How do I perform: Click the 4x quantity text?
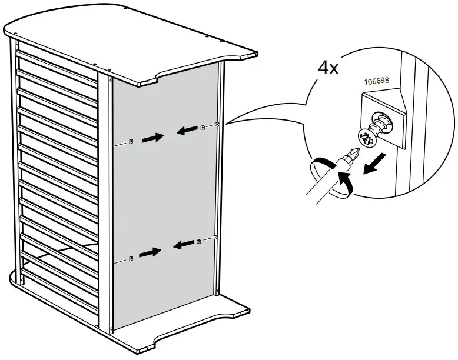(x=328, y=68)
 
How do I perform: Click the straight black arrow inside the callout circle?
(x=376, y=164)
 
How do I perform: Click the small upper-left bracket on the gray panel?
(x=131, y=141)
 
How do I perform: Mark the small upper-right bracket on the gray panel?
(x=203, y=128)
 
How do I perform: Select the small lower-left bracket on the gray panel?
(x=131, y=258)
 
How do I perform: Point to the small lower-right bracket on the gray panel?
(x=199, y=241)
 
